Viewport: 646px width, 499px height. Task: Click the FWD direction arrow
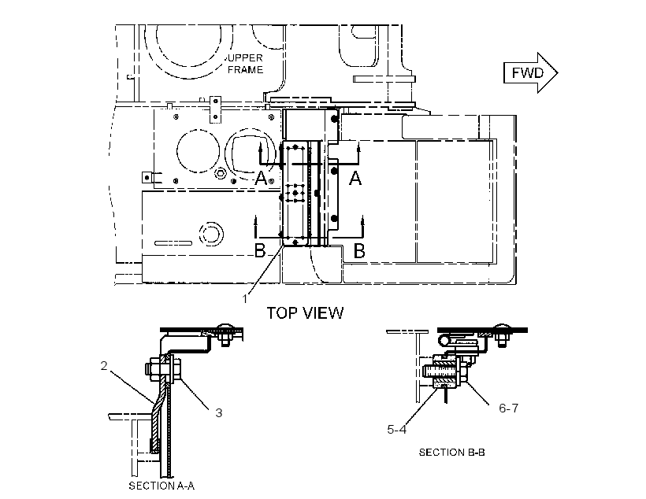point(531,73)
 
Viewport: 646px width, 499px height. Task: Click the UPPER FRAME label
point(246,64)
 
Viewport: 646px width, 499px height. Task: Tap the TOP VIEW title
point(305,313)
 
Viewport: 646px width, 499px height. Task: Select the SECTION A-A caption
point(161,486)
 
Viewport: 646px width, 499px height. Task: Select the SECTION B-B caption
point(452,452)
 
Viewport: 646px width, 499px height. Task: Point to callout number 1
point(245,299)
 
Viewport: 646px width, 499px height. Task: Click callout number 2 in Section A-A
point(104,366)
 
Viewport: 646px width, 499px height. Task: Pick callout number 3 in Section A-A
point(219,412)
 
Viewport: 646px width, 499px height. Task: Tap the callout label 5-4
point(397,430)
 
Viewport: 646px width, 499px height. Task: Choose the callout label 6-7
point(509,408)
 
